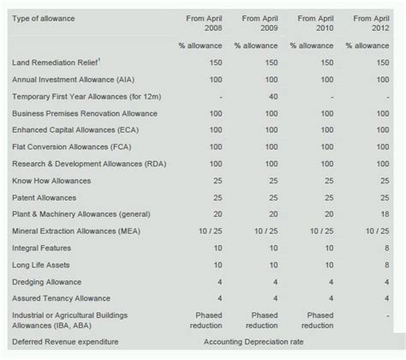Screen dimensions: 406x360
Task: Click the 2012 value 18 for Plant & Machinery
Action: pyautogui.click(x=385, y=214)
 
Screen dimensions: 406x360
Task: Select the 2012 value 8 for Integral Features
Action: pyautogui.click(x=388, y=248)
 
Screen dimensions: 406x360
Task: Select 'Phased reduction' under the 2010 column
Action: pyautogui.click(x=319, y=320)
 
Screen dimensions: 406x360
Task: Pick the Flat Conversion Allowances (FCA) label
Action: pyautogui.click(x=71, y=147)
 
